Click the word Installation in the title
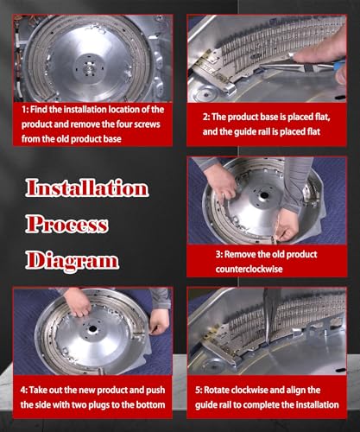click(87, 187)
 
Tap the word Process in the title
click(66, 225)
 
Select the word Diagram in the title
click(73, 262)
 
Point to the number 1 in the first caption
click(24, 110)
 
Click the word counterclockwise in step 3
click(249, 270)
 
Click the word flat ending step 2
click(313, 131)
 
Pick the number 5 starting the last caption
click(198, 391)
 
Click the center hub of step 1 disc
click(88, 68)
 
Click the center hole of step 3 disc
click(263, 196)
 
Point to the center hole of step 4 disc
click(92, 328)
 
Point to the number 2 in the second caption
click(205, 117)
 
